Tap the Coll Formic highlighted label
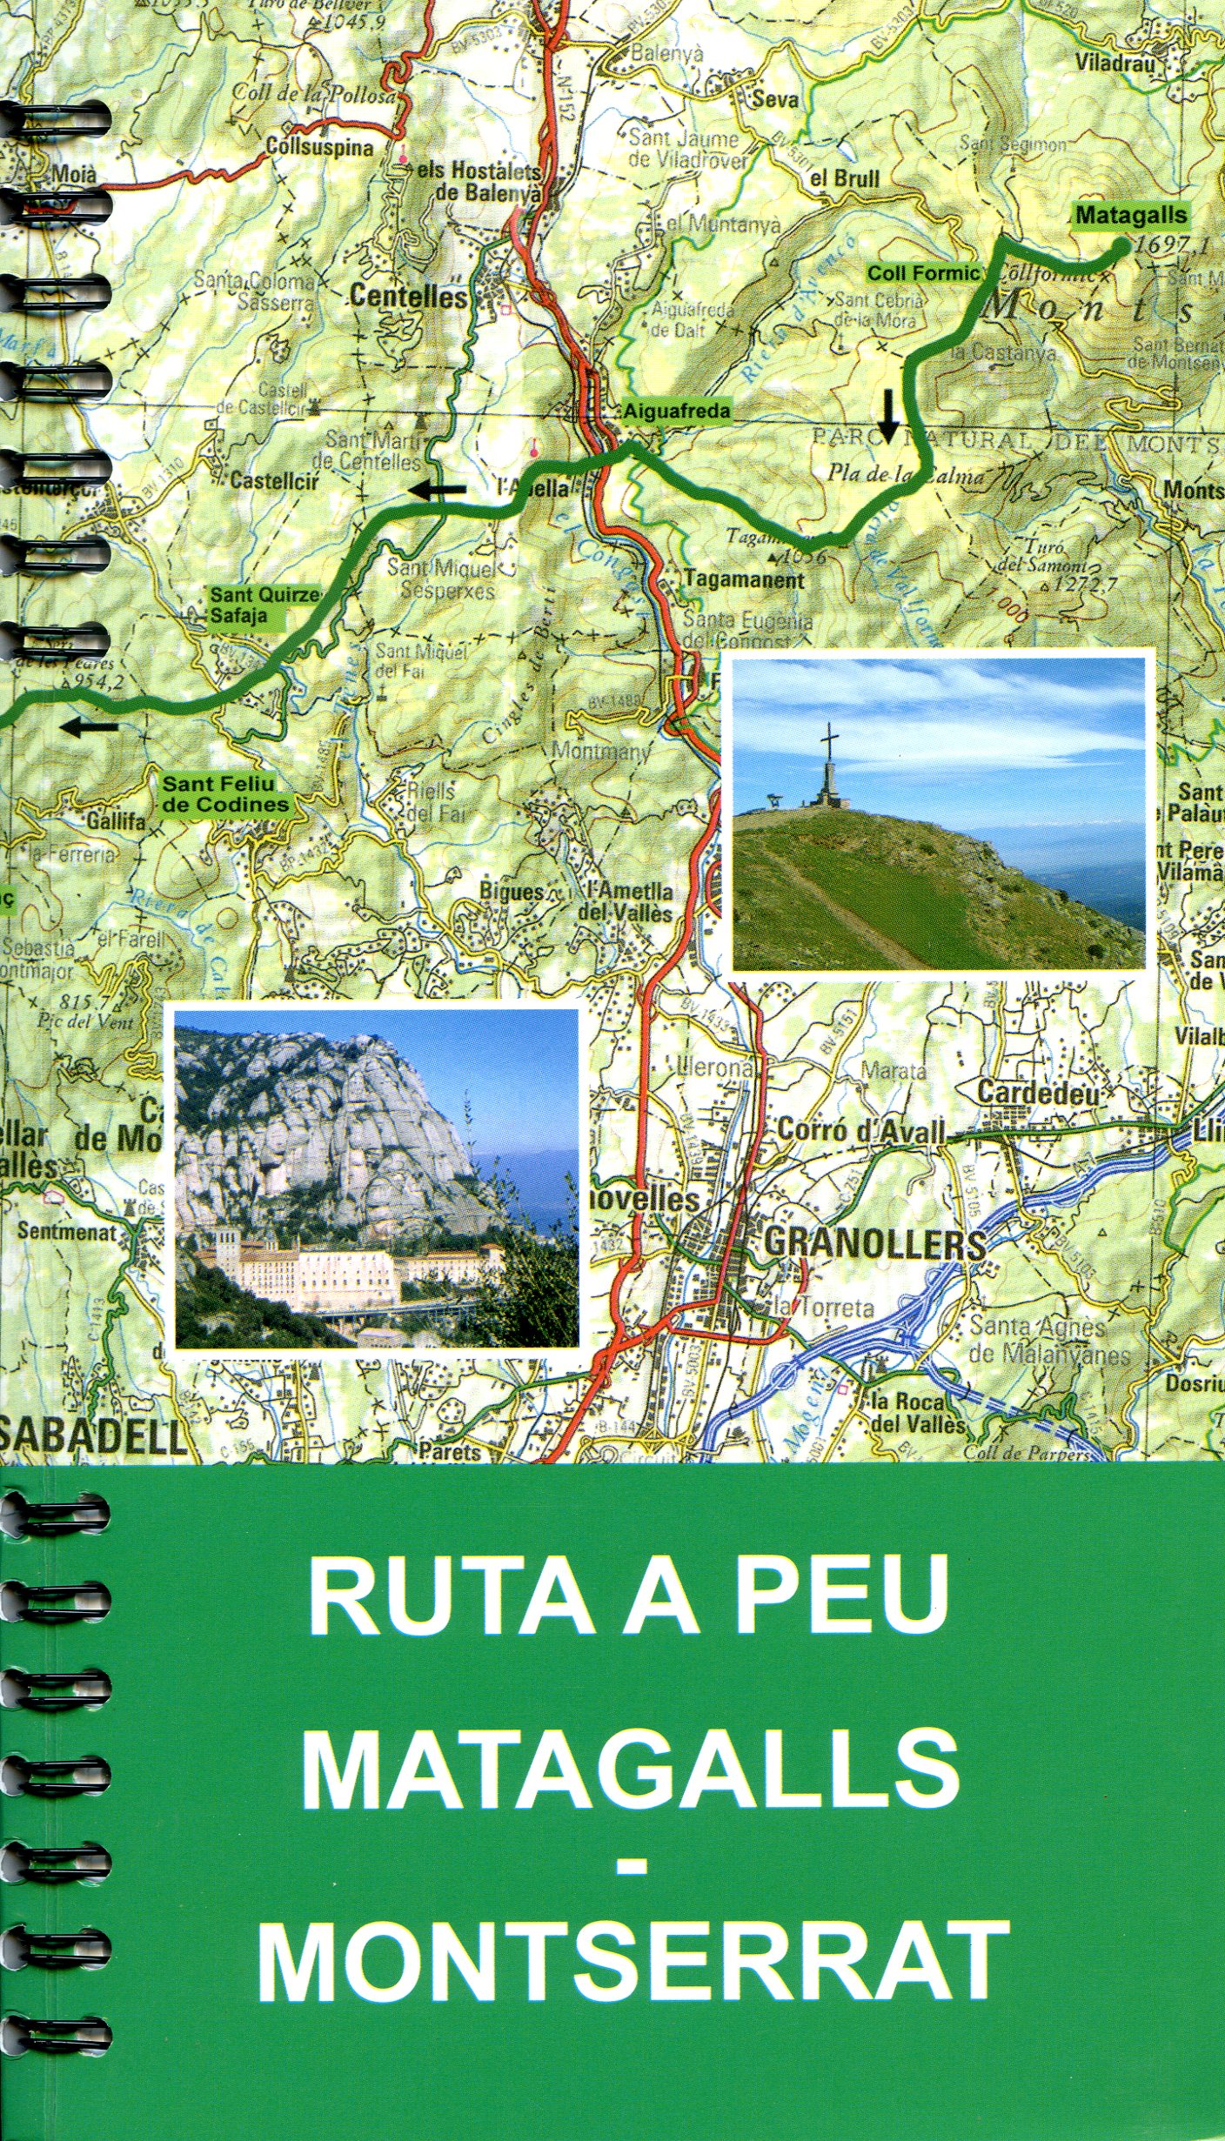[923, 273]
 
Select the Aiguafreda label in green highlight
[676, 411]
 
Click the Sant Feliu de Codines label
[224, 795]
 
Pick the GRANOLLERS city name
[874, 1245]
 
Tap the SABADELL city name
[94, 1438]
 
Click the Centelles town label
[408, 298]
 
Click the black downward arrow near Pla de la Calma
[887, 416]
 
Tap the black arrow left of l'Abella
[437, 491]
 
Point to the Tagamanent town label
[745, 579]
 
